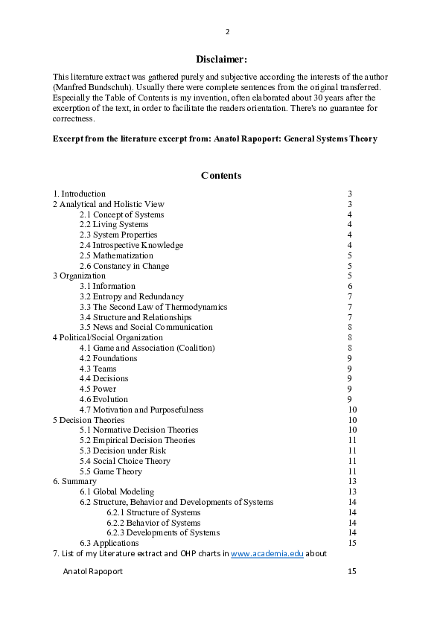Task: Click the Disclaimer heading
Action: pyautogui.click(x=221, y=59)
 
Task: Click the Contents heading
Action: pyautogui.click(x=221, y=176)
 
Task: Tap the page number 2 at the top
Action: pyautogui.click(x=227, y=32)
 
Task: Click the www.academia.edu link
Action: pyautogui.click(x=267, y=553)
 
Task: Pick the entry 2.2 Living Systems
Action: pyautogui.click(x=114, y=224)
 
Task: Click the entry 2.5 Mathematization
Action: pyautogui.click(x=116, y=255)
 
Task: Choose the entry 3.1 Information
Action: pyautogui.click(x=108, y=286)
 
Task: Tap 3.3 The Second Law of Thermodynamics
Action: pyautogui.click(x=153, y=307)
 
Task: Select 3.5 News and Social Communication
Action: pyautogui.click(x=146, y=327)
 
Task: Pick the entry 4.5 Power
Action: pyautogui.click(x=98, y=389)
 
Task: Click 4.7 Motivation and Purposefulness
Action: pyautogui.click(x=141, y=410)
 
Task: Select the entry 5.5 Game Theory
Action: pyautogui.click(x=111, y=471)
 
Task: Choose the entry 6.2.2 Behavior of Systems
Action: pyautogui.click(x=153, y=523)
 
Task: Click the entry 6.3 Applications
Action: pyautogui.click(x=109, y=543)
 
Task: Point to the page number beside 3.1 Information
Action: pyautogui.click(x=350, y=286)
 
